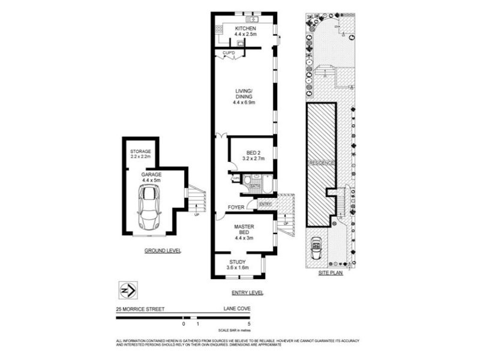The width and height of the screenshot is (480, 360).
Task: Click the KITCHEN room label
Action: click(245, 29)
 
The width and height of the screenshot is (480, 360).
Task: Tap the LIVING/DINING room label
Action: click(244, 96)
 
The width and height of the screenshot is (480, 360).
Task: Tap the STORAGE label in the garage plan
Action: click(141, 151)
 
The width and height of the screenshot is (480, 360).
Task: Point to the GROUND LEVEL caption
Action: click(163, 250)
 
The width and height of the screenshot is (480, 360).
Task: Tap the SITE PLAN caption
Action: click(330, 273)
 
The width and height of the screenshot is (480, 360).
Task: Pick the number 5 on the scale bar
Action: click(248, 324)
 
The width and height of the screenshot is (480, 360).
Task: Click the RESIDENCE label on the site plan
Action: click(321, 163)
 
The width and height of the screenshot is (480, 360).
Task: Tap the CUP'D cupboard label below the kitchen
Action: click(229, 54)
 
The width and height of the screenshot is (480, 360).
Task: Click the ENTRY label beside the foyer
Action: click(265, 205)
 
